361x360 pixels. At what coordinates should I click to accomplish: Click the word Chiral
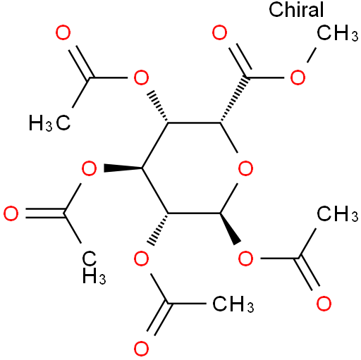click(296, 10)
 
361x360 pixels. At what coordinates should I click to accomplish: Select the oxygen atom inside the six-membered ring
click(245, 168)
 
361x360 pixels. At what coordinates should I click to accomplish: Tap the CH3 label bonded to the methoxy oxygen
click(337, 32)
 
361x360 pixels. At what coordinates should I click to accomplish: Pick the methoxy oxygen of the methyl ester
click(298, 77)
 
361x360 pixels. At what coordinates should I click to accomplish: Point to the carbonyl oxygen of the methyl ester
click(220, 32)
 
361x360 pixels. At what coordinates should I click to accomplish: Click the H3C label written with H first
click(49, 123)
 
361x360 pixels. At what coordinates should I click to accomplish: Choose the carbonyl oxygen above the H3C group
click(63, 32)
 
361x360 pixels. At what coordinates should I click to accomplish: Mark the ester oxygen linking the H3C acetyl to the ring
click(141, 77)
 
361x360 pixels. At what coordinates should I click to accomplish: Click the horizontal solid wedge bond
click(123, 168)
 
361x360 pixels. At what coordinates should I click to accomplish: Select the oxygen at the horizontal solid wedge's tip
click(89, 168)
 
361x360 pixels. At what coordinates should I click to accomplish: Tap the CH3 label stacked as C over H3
click(94, 268)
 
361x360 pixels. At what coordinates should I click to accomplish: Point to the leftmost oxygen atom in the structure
click(11, 213)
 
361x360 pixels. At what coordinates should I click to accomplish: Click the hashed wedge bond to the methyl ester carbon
click(234, 100)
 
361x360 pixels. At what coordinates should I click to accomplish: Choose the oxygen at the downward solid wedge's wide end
click(245, 259)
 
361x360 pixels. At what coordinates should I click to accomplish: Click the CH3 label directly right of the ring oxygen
click(337, 213)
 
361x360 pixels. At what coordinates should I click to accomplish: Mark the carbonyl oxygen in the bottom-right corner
click(324, 304)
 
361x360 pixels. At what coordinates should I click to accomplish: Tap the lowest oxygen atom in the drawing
click(141, 349)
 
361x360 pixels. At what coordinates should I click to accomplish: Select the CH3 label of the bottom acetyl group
click(233, 304)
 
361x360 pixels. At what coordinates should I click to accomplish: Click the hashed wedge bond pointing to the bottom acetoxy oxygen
click(157, 229)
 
